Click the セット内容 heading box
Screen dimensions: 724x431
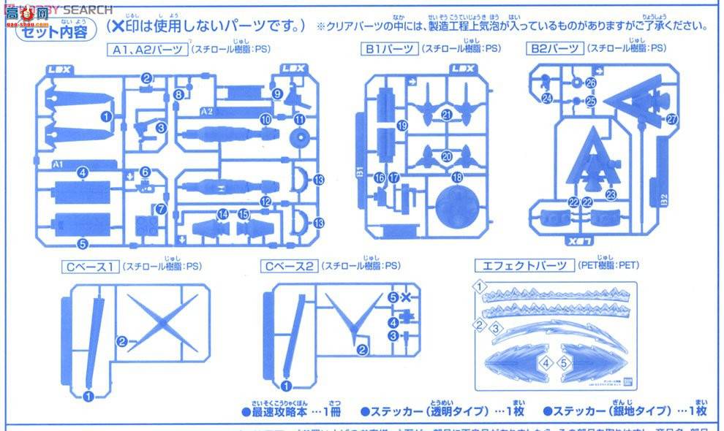52,32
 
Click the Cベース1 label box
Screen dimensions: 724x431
89,267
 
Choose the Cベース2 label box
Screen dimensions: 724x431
290,267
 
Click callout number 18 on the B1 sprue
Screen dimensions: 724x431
458,178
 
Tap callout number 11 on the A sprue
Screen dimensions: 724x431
300,120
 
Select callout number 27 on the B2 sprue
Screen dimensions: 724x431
671,118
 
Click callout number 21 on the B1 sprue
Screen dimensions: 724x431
447,114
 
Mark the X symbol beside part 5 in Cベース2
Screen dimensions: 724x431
406,297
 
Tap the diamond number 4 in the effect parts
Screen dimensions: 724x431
545,362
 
